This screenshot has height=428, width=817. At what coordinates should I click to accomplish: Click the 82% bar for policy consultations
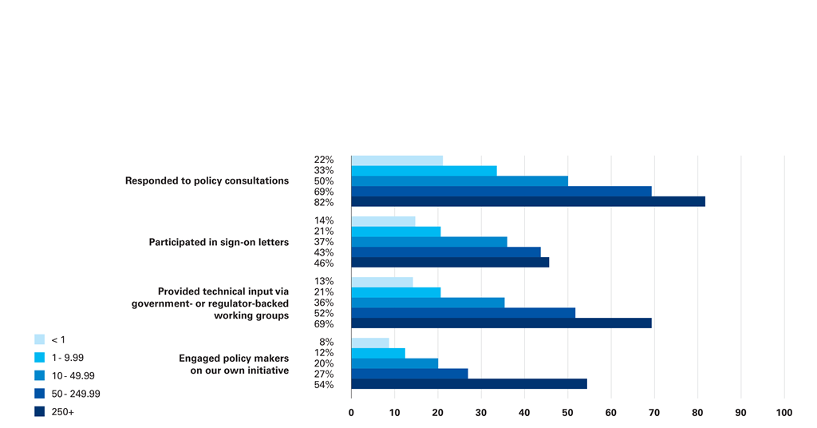point(527,202)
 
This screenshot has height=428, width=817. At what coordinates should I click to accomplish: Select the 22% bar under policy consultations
point(397,160)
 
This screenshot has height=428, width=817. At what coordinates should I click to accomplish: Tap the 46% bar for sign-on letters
point(450,263)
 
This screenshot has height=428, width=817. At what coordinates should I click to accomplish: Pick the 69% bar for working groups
point(501,323)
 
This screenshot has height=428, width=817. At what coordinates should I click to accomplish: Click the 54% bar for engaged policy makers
point(469,384)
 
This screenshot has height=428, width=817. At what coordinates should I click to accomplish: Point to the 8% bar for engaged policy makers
point(370,343)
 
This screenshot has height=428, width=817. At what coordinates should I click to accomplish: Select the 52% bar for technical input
point(463,313)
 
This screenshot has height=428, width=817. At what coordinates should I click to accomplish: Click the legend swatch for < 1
point(39,339)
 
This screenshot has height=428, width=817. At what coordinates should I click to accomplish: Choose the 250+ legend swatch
point(39,412)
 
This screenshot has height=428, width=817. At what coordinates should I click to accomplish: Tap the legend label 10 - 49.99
point(73,376)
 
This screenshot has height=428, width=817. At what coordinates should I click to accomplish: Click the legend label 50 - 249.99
point(75,394)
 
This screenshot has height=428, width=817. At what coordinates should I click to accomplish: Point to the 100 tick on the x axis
point(784,413)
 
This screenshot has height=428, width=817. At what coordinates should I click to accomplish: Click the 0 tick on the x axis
point(352,413)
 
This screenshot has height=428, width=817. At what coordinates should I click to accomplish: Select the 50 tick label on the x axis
point(568,413)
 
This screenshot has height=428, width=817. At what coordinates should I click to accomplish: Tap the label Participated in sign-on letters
point(219,242)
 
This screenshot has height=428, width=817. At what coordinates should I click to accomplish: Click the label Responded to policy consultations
point(207,181)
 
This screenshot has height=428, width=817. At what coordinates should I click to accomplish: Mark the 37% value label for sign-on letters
point(324,242)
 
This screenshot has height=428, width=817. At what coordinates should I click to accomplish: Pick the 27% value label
point(324,374)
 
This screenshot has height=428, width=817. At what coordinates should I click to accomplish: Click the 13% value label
point(324,282)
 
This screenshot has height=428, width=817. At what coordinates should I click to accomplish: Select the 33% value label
point(324,171)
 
